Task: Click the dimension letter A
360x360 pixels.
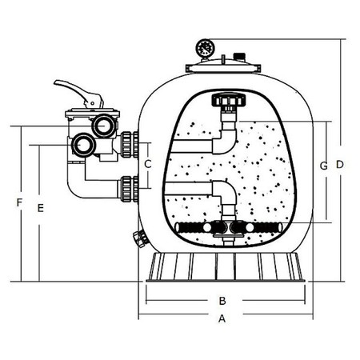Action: (x=222, y=318)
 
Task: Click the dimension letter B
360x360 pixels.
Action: (x=222, y=301)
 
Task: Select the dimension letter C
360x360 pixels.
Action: (x=148, y=164)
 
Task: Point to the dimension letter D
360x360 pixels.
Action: (x=340, y=165)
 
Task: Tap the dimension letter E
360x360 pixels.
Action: (x=41, y=208)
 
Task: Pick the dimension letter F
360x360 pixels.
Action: (x=19, y=202)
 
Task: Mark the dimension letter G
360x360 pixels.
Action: (x=324, y=166)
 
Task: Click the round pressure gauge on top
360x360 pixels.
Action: (x=205, y=48)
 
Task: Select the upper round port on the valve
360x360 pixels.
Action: (x=103, y=126)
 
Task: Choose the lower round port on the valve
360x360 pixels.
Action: (x=82, y=145)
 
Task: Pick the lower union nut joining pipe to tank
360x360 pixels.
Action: (x=130, y=189)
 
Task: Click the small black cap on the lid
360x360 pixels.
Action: (x=239, y=57)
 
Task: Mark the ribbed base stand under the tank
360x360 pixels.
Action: (x=226, y=267)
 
